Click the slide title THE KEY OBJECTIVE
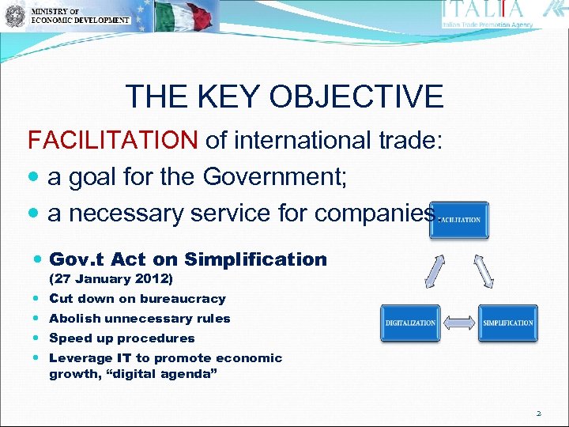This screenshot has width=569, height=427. pyautogui.click(x=284, y=97)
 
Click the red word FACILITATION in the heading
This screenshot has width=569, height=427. pyautogui.click(x=112, y=141)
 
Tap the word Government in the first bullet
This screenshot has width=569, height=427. pyautogui.click(x=272, y=177)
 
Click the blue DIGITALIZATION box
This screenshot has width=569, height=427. pyautogui.click(x=410, y=323)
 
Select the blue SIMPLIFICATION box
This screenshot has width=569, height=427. pyautogui.click(x=507, y=323)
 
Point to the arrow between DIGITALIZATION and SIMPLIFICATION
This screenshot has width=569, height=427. pyautogui.click(x=459, y=323)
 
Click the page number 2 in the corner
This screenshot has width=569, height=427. pyautogui.click(x=538, y=412)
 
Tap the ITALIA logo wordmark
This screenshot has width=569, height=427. pyautogui.click(x=484, y=9)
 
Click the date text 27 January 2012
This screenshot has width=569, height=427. pyautogui.click(x=111, y=279)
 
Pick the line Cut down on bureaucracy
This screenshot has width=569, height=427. pyautogui.click(x=137, y=299)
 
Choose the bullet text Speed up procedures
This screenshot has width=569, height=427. pyautogui.click(x=122, y=338)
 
